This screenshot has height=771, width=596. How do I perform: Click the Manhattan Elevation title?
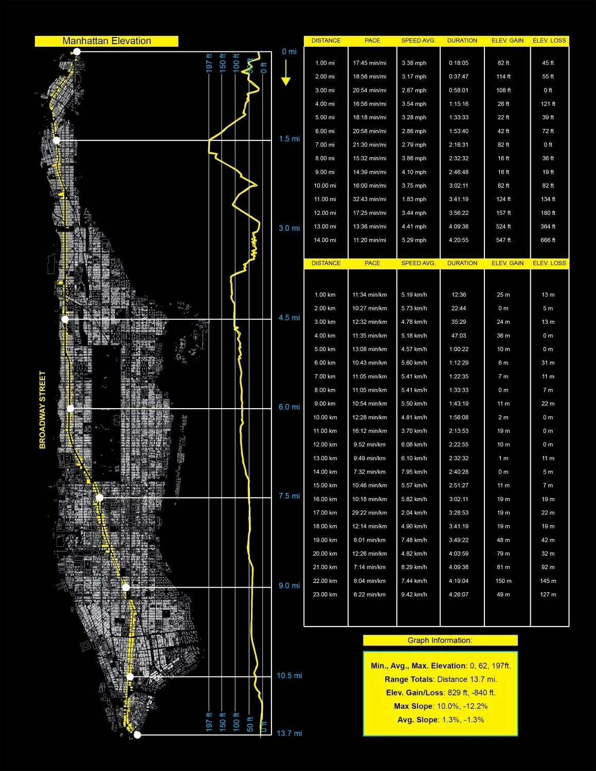[106, 41]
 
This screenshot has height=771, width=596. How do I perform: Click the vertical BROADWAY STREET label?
[43, 410]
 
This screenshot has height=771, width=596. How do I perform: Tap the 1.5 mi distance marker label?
[289, 139]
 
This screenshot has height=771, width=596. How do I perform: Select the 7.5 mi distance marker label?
[289, 496]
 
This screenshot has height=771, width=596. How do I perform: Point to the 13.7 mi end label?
[289, 733]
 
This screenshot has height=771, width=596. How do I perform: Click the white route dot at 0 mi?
[77, 51]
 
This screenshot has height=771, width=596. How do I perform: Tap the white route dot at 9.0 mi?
[126, 588]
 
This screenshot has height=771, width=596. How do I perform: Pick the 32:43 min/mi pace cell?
[369, 199]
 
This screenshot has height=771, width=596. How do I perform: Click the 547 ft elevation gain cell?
[503, 240]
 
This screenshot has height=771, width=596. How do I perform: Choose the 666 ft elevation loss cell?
[548, 240]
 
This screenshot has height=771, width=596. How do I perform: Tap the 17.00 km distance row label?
[325, 513]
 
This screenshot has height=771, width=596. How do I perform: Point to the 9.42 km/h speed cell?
[414, 595]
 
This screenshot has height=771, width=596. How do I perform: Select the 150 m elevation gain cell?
[503, 581]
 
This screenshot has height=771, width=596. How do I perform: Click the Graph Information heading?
[440, 640]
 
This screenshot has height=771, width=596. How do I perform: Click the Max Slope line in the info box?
[441, 706]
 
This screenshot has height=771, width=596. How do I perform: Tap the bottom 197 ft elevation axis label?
[209, 722]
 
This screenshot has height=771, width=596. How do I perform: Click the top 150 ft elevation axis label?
[223, 63]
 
